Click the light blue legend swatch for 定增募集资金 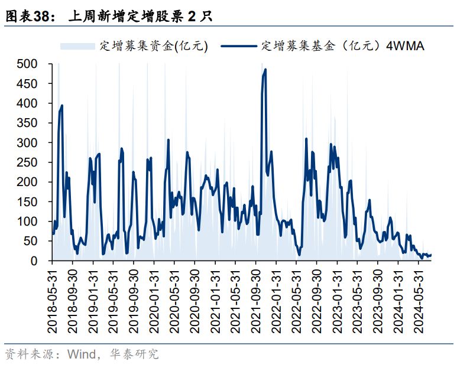coord(77,45)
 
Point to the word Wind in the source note coord(80,354)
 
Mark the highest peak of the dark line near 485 coord(265,70)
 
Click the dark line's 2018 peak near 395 coord(62,106)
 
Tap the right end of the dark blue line coord(431,255)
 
